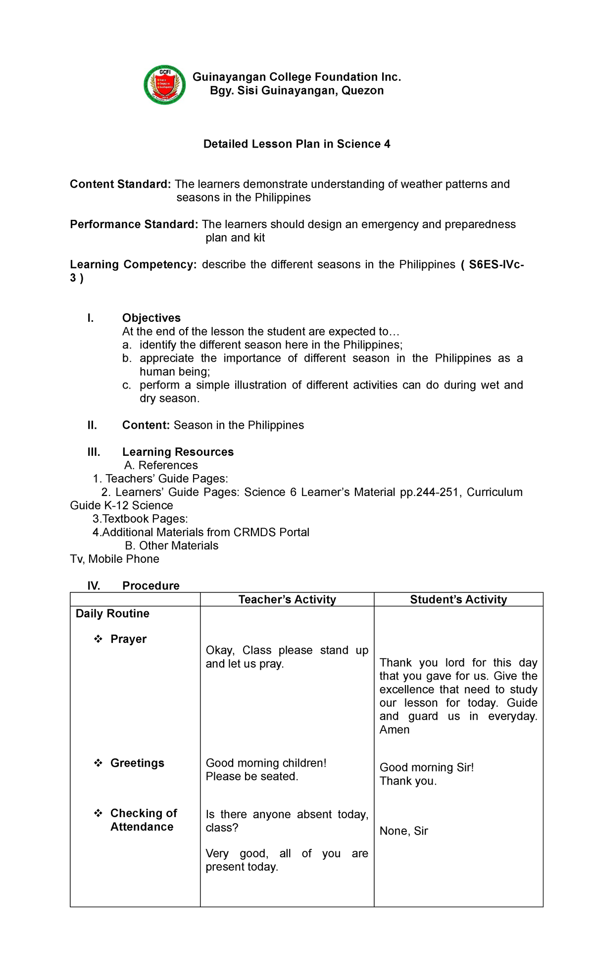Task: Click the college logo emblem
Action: tap(165, 85)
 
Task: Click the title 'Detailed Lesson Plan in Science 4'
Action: tap(297, 144)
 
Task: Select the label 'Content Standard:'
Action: tap(120, 184)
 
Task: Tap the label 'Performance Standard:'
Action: tap(134, 224)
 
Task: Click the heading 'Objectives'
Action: tap(151, 318)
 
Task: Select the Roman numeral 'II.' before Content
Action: tap(92, 425)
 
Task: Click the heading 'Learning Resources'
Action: tap(178, 452)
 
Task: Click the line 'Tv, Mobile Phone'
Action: tap(114, 559)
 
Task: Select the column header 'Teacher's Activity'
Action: tap(287, 599)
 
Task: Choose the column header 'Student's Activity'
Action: tap(458, 599)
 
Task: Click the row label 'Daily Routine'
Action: tap(112, 613)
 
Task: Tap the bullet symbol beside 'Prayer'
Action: tap(98, 639)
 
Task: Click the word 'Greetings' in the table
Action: tap(137, 763)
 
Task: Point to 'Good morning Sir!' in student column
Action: tap(426, 767)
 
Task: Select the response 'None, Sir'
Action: tap(403, 831)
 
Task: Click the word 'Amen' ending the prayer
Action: tap(395, 730)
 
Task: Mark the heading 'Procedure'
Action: tap(150, 586)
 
